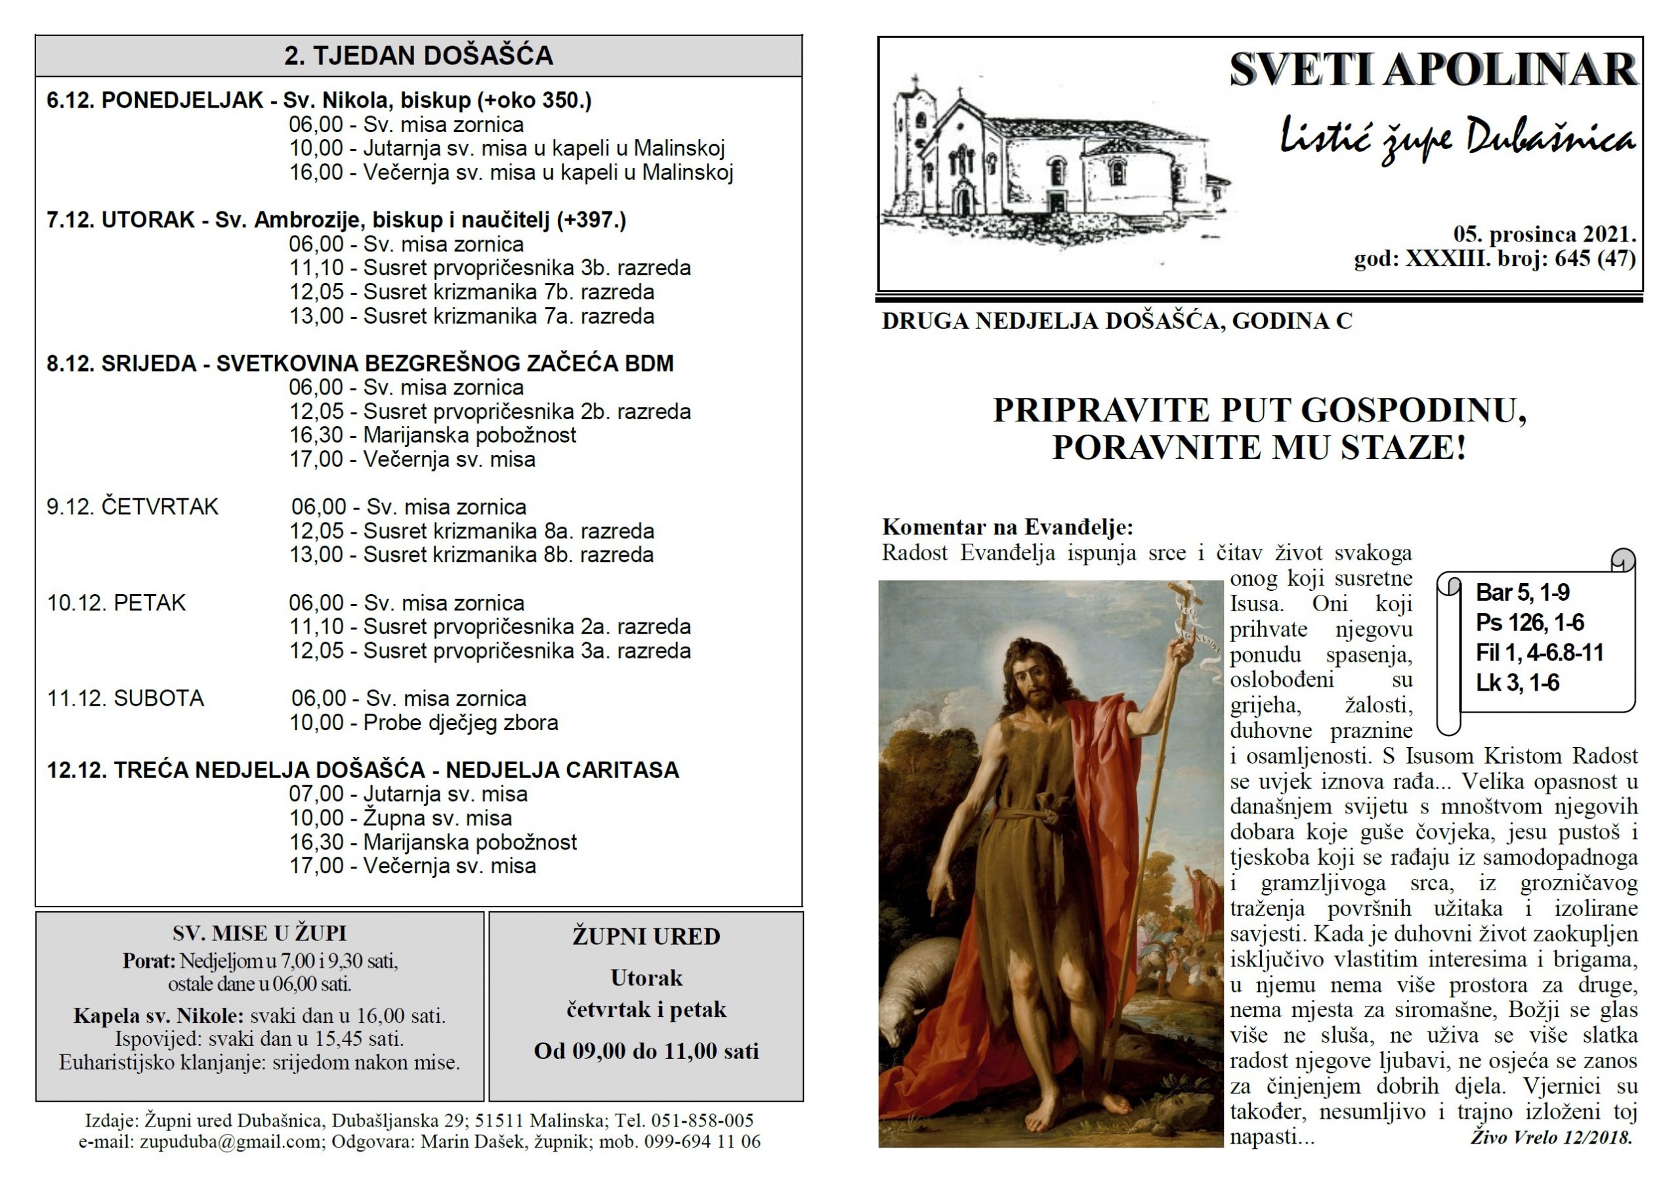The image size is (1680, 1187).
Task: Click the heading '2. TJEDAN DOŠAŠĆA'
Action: (418, 56)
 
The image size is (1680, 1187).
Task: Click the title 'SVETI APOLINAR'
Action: (1432, 70)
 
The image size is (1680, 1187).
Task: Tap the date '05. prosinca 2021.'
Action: (1544, 234)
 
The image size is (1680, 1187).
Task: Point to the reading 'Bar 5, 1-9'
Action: (1522, 592)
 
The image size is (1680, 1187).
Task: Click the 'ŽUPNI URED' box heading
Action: (646, 936)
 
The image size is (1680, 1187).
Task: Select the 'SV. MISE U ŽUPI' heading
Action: (259, 933)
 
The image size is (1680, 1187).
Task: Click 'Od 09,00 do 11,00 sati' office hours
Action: (646, 1051)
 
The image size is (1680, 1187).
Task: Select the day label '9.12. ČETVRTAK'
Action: (133, 506)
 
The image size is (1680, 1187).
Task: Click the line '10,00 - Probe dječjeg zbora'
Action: (424, 722)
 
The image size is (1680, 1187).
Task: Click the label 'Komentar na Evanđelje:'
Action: (1007, 527)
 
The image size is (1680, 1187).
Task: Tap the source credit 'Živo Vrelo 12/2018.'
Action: (1551, 1137)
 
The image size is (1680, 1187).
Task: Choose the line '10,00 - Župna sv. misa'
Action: (400, 817)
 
